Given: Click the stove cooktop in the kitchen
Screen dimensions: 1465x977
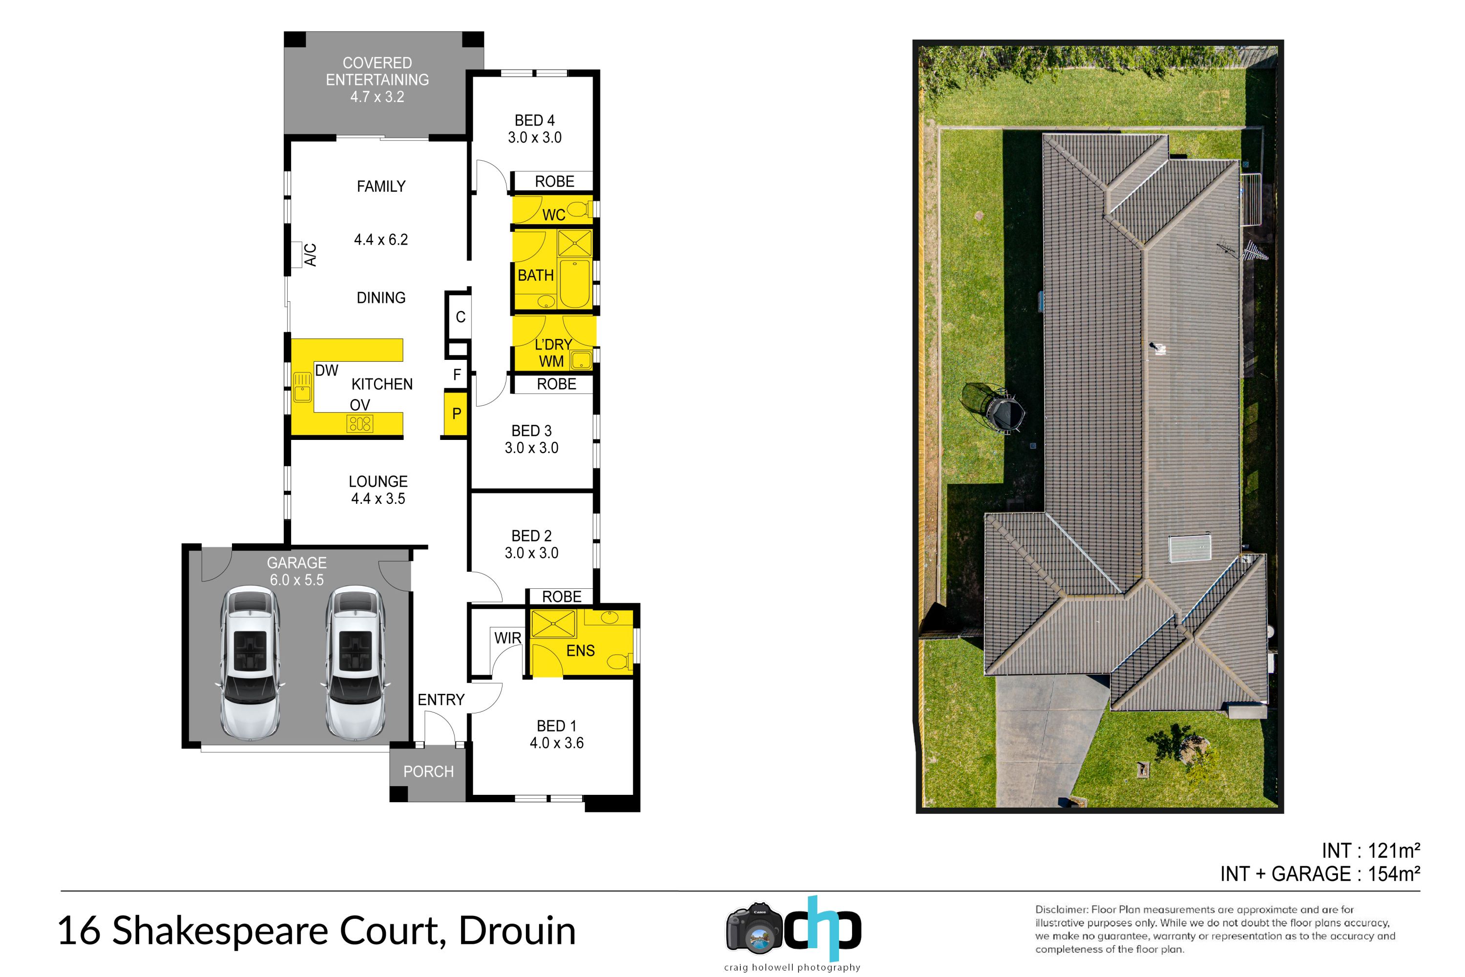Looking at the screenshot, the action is coord(360,424).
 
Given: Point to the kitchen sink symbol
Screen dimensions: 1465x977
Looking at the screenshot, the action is coord(302,387).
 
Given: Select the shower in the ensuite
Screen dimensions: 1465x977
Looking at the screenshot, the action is coord(553,623).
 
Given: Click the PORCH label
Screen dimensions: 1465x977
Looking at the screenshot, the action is coord(428,771).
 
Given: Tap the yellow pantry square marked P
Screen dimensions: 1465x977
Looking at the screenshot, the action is coord(456,413).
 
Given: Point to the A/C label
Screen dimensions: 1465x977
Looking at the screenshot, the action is coord(310,255).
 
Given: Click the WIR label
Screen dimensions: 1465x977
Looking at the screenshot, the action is coord(507,638).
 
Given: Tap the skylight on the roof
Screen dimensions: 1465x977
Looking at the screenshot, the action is coord(1189,548).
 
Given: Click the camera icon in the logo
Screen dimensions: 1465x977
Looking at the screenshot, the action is coord(754,928).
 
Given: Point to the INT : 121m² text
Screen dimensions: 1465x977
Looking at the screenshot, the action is coord(1370,851).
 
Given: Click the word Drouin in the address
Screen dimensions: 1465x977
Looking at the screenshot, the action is coord(517,931).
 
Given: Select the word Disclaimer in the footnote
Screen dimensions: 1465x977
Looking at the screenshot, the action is coord(1061,910).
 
